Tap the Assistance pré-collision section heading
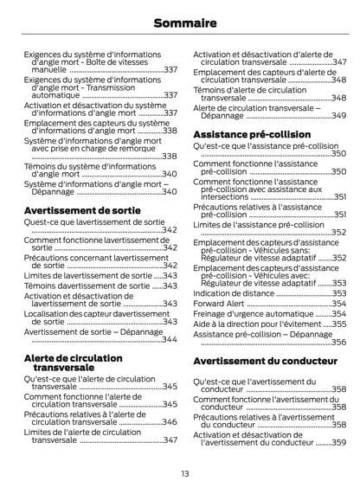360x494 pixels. [251, 136]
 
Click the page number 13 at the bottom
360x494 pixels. [179, 472]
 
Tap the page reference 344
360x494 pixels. [170, 340]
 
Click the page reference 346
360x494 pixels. [170, 421]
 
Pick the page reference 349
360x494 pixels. [339, 114]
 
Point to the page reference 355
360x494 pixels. [339, 324]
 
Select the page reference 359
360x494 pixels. [339, 441]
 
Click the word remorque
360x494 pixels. [144, 146]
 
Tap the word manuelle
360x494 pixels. [48, 69]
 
